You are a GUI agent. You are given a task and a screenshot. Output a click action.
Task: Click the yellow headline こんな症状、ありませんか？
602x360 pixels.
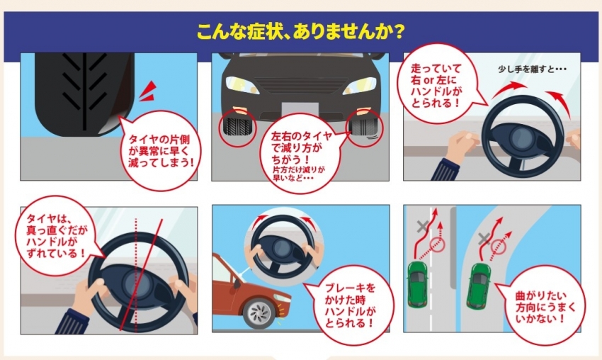pos(300,32)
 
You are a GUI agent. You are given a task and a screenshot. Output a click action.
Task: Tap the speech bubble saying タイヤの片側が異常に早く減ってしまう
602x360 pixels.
pos(160,151)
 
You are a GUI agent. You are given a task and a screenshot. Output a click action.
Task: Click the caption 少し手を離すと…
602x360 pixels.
pos(532,69)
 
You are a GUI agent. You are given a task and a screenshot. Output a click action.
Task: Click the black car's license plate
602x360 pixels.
pos(300,109)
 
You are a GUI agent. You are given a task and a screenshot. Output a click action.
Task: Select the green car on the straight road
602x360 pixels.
pos(417,284)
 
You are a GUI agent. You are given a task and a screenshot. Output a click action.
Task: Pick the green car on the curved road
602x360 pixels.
pos(478,286)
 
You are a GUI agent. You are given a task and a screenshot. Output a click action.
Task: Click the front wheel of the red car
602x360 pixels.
pos(259,313)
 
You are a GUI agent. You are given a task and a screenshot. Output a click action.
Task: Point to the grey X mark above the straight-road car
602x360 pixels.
pos(422,226)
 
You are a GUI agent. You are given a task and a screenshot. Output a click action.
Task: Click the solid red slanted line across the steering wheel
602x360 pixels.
pos(141,274)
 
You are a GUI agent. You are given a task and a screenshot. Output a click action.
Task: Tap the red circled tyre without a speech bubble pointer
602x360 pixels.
pos(237,128)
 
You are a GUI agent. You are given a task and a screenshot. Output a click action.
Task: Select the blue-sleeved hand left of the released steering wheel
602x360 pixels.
pos(454,156)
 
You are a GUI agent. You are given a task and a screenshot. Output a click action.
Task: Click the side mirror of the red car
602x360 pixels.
pos(236,283)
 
